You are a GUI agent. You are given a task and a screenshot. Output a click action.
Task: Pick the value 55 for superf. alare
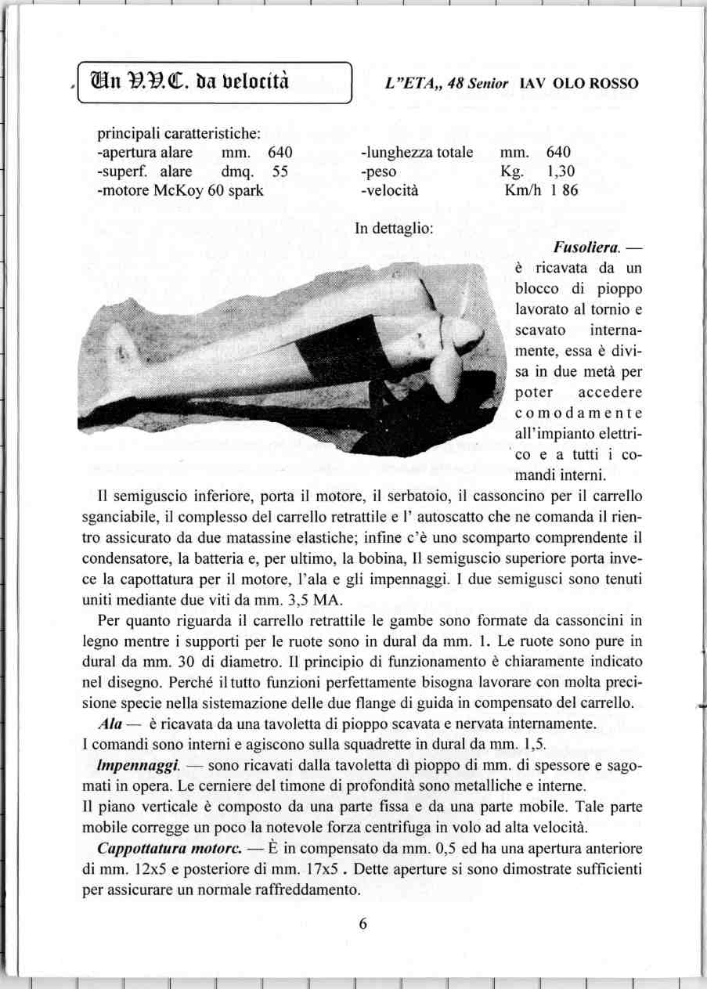(x=281, y=171)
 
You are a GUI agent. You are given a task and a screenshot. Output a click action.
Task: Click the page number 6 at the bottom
(x=363, y=922)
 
